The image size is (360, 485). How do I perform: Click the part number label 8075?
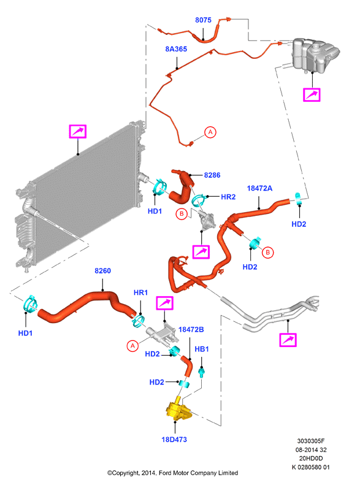(203, 20)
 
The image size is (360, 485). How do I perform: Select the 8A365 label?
(176, 49)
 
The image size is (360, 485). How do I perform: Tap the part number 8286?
(212, 175)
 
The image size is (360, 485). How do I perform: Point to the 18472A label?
(259, 188)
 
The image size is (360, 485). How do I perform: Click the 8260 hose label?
(102, 271)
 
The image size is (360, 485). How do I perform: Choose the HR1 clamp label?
(140, 292)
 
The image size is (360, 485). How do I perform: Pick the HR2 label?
(228, 197)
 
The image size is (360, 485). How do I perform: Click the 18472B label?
(191, 330)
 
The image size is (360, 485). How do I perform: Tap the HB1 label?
(202, 349)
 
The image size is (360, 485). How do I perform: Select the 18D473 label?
(174, 440)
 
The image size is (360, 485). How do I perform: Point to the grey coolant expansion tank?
(315, 55)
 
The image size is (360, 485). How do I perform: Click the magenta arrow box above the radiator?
(78, 131)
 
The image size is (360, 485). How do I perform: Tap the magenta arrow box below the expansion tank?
(312, 95)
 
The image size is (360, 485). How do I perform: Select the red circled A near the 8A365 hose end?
(210, 132)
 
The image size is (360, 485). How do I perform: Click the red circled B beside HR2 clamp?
(182, 214)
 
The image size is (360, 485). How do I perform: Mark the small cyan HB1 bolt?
(202, 372)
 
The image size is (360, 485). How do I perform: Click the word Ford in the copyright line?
(166, 473)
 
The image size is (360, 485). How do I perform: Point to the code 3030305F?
(311, 441)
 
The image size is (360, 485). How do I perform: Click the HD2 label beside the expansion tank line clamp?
(299, 224)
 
